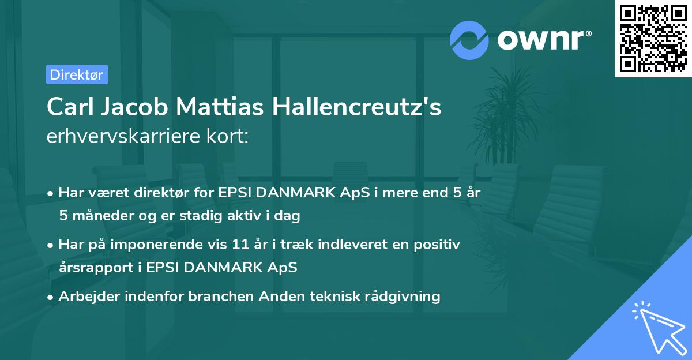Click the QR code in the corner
tap(653, 39)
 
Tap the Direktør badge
tap(77, 74)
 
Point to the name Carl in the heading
tap(69, 107)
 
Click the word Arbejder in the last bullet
tap(86, 297)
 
